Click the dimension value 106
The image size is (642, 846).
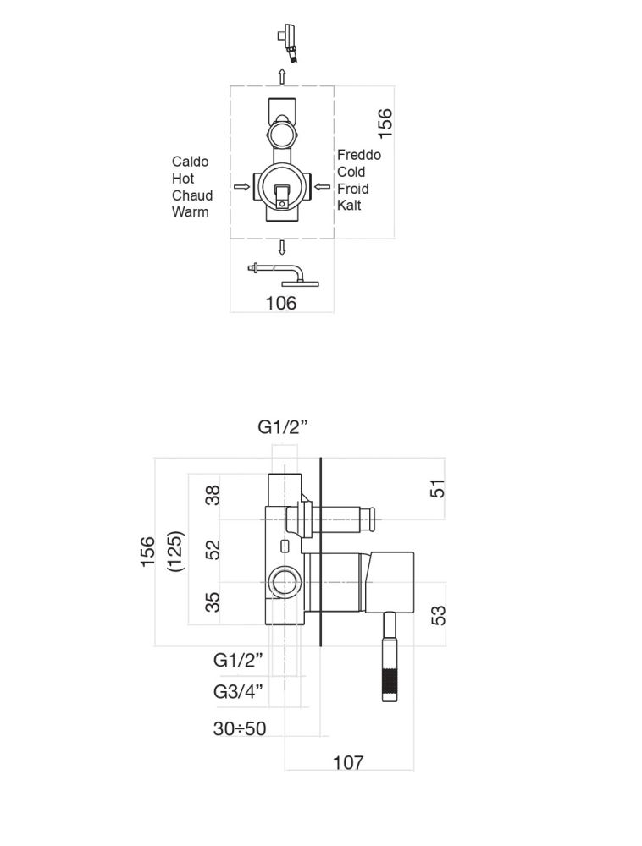click(281, 302)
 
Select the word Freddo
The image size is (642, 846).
click(359, 155)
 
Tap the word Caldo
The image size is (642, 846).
click(190, 162)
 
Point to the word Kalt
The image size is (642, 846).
click(349, 206)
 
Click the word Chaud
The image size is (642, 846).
click(192, 195)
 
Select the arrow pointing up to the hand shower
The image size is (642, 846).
click(282, 74)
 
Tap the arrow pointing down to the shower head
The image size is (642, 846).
click(282, 247)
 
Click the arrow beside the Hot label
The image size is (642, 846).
click(241, 186)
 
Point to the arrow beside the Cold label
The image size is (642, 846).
click(322, 186)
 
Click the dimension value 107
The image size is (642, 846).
click(348, 762)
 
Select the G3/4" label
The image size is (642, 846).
click(239, 692)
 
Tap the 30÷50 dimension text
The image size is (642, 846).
click(240, 728)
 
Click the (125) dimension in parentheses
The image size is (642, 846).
click(176, 552)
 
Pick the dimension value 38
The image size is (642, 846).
click(213, 496)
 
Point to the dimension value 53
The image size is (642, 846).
click(438, 614)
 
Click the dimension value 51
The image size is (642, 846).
click(438, 488)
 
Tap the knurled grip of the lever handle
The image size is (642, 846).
click(390, 685)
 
